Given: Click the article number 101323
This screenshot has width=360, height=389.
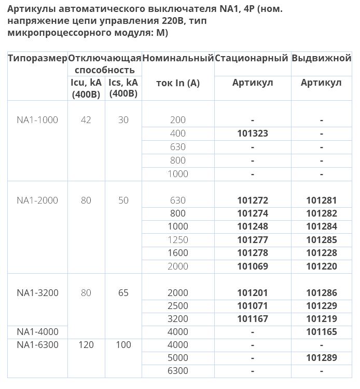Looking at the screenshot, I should (253, 133).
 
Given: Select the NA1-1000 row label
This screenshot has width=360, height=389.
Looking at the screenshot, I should (37, 120).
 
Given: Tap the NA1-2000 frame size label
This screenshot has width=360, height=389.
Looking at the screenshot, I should (37, 200).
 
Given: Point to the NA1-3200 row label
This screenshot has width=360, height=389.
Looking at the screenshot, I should (37, 293).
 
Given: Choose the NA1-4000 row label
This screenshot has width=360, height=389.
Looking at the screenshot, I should (37, 332).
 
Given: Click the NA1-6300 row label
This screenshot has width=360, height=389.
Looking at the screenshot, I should (37, 345).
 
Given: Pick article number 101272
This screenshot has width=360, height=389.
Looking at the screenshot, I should (253, 200).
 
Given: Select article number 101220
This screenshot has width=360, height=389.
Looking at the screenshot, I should (322, 266).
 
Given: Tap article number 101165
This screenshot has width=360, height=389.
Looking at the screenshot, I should (322, 332).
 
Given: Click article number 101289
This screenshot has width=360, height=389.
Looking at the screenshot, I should (322, 358).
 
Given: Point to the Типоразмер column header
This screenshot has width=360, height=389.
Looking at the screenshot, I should (37, 58).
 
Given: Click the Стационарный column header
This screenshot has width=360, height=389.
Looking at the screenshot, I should (252, 58).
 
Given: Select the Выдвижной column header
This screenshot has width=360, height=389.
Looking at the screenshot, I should (322, 58).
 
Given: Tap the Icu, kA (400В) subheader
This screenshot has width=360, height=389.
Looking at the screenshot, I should (86, 88).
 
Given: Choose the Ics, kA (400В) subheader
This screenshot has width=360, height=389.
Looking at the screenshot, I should (123, 88).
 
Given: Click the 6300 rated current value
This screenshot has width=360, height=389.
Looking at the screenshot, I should (178, 371).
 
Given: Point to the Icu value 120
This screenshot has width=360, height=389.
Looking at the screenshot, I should (86, 345).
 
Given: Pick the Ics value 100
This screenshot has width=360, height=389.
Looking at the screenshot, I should (123, 345).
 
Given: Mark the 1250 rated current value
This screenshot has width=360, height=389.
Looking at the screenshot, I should (178, 240).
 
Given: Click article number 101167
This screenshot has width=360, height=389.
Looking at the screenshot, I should (253, 319).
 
